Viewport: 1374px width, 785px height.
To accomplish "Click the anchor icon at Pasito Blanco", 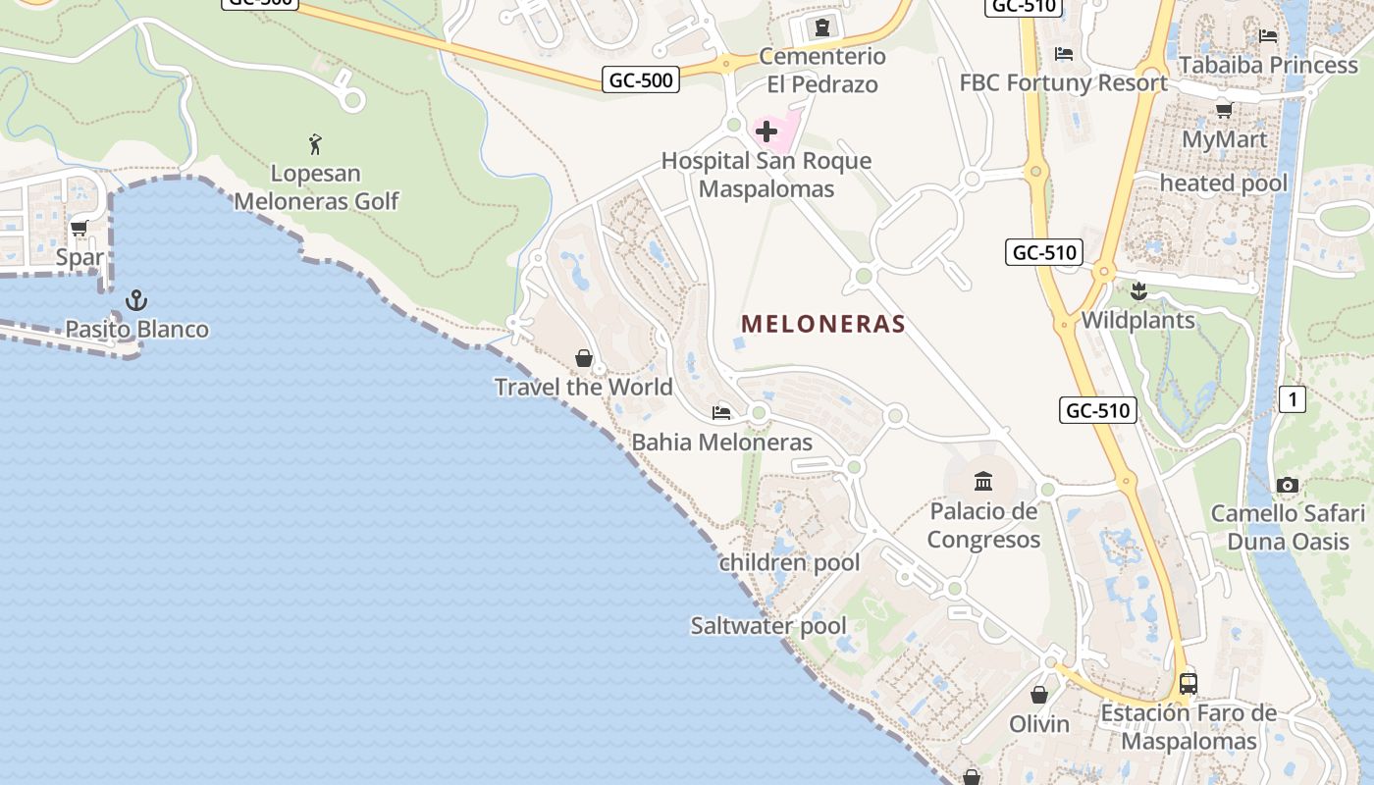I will click(137, 300).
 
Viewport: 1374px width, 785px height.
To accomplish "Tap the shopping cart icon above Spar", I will click(79, 228).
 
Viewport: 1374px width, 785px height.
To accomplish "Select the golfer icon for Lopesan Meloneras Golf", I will click(315, 144).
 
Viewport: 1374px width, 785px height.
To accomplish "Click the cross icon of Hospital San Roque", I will click(766, 131).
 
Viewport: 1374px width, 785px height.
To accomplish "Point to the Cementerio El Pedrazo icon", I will click(822, 27).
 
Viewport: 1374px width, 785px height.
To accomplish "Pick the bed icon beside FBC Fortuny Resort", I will click(1063, 54).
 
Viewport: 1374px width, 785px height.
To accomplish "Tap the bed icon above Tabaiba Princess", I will click(1268, 36).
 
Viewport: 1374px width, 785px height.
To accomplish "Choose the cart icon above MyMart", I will click(1224, 110).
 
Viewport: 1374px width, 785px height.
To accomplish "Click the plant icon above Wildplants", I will click(1138, 290).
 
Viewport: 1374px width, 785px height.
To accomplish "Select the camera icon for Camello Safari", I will click(1288, 485).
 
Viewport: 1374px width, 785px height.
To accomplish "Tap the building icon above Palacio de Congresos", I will click(983, 481).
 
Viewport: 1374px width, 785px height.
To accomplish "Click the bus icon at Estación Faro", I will click(1189, 683).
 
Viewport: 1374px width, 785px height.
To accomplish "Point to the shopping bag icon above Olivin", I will click(1039, 695).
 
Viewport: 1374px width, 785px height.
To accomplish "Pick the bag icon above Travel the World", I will click(584, 358).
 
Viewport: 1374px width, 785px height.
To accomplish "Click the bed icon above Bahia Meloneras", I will click(721, 413).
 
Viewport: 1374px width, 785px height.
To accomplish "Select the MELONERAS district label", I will click(822, 324).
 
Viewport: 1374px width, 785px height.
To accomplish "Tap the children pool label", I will click(789, 562).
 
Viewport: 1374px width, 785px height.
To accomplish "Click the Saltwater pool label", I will click(768, 625).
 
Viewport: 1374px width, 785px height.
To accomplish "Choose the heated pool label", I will click(1223, 183).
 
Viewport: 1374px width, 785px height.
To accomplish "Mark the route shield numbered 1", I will click(1293, 399).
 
